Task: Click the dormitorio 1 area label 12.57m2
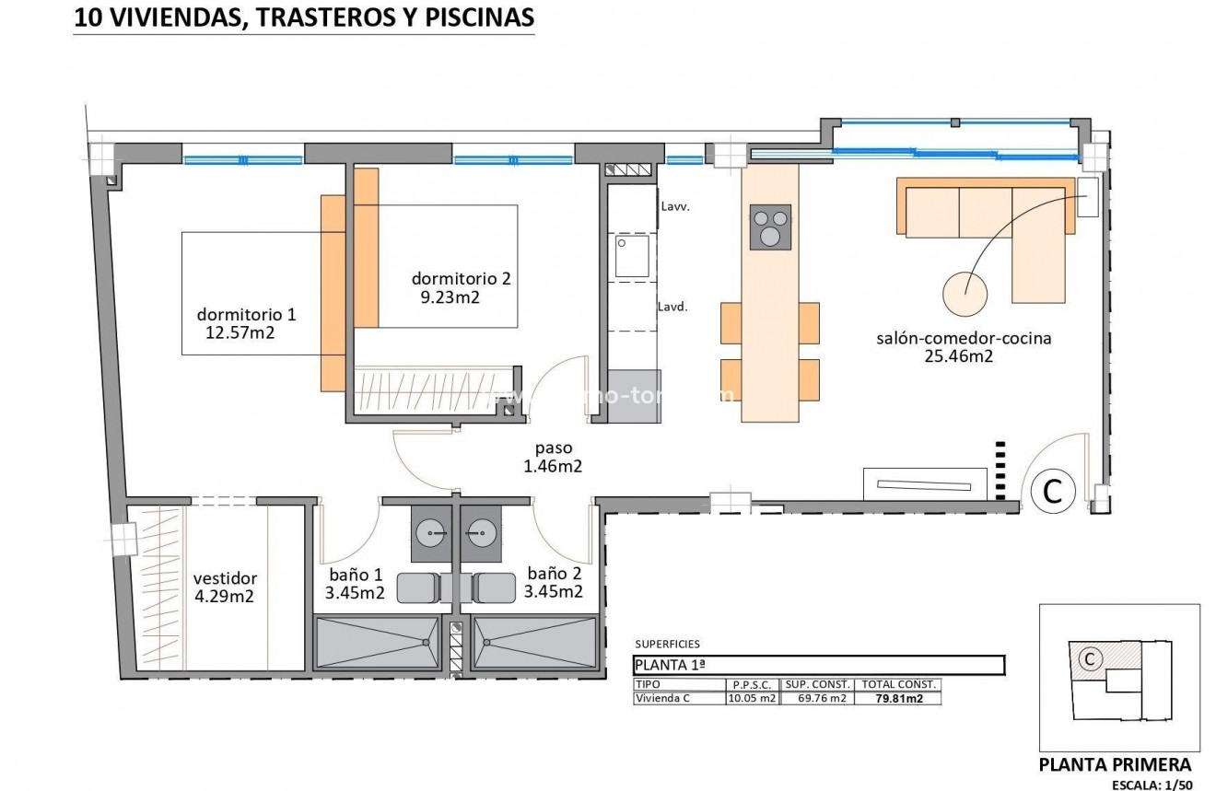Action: pyautogui.click(x=237, y=332)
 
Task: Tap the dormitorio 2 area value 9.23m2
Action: pyautogui.click(x=450, y=297)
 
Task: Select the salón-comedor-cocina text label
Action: pyautogui.click(x=964, y=338)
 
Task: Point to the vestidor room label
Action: pyautogui.click(x=225, y=578)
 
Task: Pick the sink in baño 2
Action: pyautogui.click(x=478, y=532)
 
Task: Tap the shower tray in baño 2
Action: pyautogui.click(x=535, y=642)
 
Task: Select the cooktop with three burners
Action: pyautogui.click(x=771, y=226)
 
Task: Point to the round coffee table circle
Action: pyautogui.click(x=965, y=293)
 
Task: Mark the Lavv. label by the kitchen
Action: pyautogui.click(x=675, y=207)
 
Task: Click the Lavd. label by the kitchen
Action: pyautogui.click(x=672, y=308)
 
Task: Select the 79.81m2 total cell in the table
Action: pyautogui.click(x=898, y=698)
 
